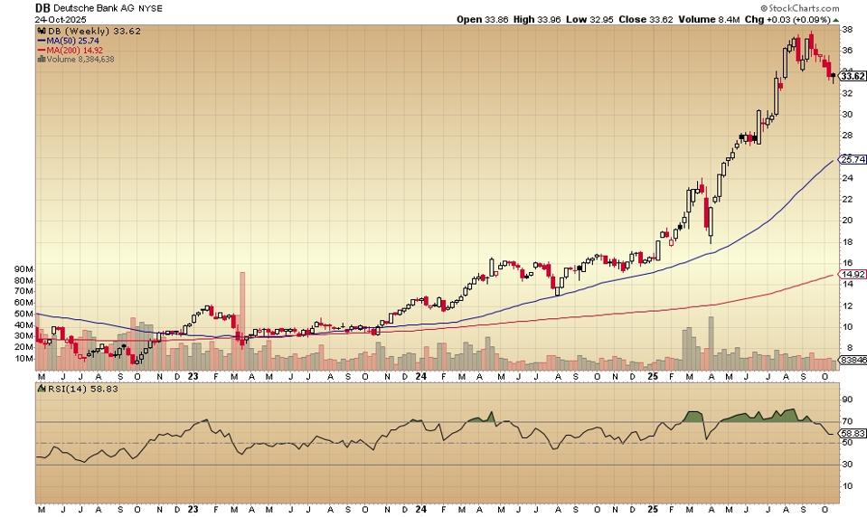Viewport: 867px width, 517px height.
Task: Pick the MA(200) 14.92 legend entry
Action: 70,50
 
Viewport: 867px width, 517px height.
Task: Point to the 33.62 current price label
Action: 853,77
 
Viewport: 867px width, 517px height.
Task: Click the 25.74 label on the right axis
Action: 853,160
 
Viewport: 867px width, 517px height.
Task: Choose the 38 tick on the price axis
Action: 847,29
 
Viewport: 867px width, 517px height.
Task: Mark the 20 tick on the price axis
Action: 847,221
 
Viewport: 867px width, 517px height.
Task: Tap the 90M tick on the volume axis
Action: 24,270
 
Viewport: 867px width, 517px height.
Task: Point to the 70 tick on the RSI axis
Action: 847,421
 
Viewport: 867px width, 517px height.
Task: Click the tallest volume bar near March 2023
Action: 242,321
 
